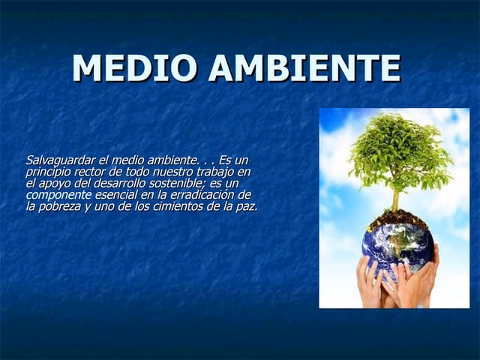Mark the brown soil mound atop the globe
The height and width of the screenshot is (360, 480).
tap(397, 218)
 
